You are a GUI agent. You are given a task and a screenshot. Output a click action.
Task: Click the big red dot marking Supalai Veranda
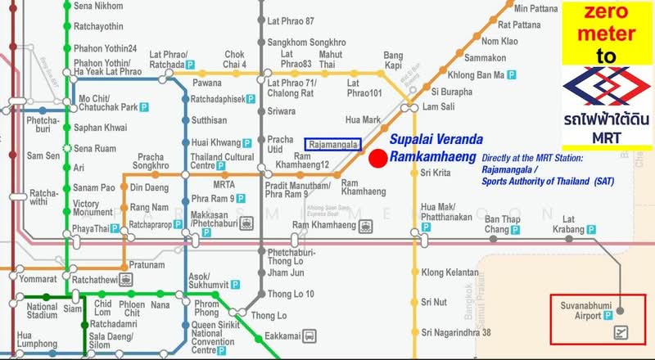[377, 159]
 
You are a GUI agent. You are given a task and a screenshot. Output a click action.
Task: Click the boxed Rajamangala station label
[331, 143]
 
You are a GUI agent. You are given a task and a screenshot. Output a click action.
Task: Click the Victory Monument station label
[97, 208]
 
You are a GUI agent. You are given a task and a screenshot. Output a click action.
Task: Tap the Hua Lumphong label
[36, 340]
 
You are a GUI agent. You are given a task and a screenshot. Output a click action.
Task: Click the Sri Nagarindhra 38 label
[455, 332]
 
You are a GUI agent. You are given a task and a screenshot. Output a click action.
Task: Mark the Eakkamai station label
[282, 335]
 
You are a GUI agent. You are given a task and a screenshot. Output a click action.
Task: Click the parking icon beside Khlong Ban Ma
[511, 74]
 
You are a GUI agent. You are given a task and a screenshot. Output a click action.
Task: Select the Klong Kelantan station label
[449, 272]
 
